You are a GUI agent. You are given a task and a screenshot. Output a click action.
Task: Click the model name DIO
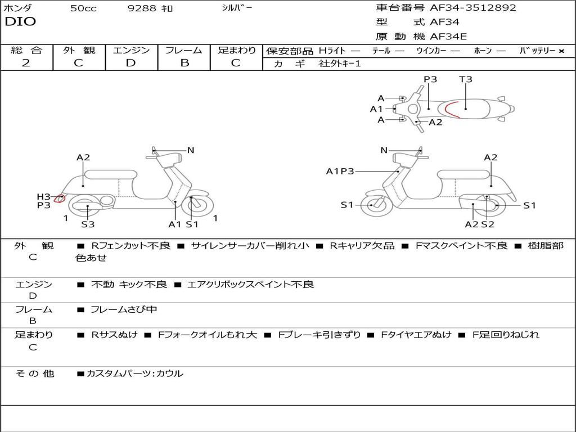coord(20,22)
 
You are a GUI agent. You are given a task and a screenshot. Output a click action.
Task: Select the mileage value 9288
coord(142,8)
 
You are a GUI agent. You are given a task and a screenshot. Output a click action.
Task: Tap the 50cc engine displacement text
coord(83,8)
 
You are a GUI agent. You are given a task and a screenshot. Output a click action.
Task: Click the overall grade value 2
coord(26,63)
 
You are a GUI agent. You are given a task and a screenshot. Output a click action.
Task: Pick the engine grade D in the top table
coord(130,63)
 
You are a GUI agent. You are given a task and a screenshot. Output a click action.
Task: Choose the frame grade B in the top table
coord(184,63)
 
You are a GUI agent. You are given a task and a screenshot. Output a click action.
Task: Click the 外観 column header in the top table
coord(79,51)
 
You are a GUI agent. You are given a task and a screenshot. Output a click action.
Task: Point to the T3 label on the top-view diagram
coord(466,79)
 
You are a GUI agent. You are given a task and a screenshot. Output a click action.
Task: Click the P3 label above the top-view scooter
coord(430,79)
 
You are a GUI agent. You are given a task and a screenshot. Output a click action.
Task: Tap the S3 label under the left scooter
coord(88,224)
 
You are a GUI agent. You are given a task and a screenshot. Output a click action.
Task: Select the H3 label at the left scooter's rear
coord(43,196)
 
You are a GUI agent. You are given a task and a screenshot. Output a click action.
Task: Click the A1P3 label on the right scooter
coord(340,171)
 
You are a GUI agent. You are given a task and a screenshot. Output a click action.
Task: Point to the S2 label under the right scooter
coord(487,224)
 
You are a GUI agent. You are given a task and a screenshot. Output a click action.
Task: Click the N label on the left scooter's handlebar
coord(191,150)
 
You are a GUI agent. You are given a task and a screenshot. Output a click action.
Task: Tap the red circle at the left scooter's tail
coord(60,198)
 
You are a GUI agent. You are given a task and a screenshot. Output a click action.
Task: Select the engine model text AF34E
coord(448,37)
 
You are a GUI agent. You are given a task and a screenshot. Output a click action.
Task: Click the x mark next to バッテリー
coord(561,51)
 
